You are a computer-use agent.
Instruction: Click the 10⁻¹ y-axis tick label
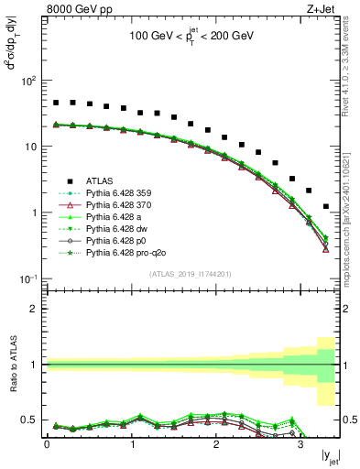pos(27,278)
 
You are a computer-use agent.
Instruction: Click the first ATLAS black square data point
pos(56,103)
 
